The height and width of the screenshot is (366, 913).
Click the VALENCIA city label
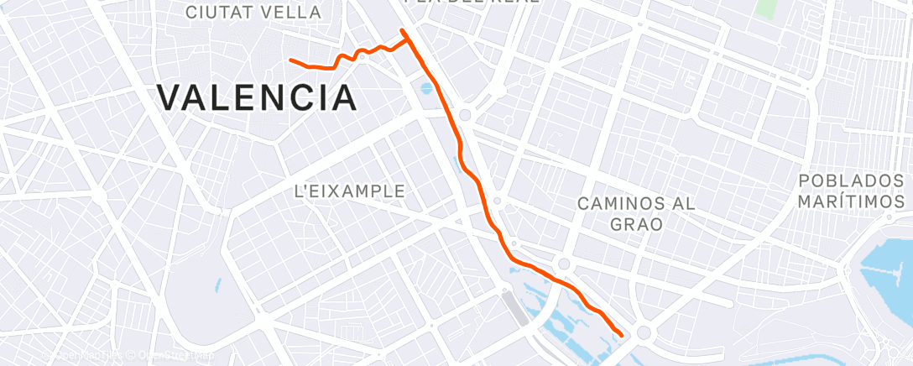(x=257, y=98)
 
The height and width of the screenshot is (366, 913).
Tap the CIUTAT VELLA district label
(x=253, y=13)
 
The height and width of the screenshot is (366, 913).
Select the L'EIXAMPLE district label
(x=350, y=191)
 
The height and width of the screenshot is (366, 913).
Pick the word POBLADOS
(x=850, y=181)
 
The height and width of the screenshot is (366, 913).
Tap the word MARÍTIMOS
(x=851, y=202)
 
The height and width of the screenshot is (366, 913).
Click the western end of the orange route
(x=290, y=60)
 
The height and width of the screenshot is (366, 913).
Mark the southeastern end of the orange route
(x=621, y=334)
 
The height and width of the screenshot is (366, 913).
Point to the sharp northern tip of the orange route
(x=403, y=31)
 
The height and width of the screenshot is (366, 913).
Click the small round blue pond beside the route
(x=426, y=87)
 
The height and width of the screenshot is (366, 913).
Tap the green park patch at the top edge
(x=764, y=8)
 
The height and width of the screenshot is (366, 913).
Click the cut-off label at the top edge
(x=472, y=3)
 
